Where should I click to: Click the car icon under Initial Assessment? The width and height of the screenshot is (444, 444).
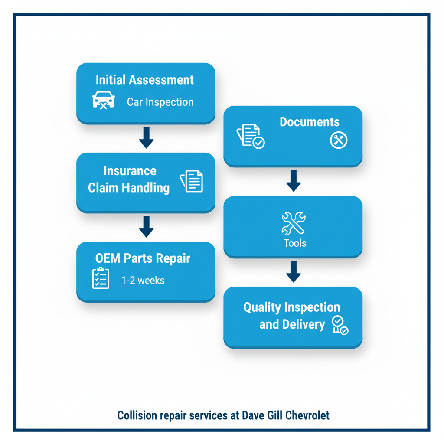[104, 100]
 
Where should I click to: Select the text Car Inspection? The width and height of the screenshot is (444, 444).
[160, 102]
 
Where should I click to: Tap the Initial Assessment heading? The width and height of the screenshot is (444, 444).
[144, 80]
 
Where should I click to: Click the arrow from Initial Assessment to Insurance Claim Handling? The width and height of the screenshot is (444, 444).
[146, 137]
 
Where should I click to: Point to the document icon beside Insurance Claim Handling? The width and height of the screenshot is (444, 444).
[192, 181]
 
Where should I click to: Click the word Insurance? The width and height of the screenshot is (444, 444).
[130, 170]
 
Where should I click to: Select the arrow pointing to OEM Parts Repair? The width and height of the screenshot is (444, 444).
[146, 226]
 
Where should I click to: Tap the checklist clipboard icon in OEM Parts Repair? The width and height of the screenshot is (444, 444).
[101, 278]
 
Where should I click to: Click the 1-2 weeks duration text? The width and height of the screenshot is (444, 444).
[143, 281]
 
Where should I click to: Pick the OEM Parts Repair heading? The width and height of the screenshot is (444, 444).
[143, 258]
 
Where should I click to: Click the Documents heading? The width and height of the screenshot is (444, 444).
[309, 122]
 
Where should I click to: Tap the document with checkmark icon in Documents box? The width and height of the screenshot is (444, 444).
[251, 137]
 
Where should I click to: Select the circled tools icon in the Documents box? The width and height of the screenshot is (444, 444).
[338, 140]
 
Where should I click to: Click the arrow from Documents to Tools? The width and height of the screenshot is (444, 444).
[294, 180]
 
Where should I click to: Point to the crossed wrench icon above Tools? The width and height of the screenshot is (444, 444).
[294, 223]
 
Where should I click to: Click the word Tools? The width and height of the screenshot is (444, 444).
[295, 243]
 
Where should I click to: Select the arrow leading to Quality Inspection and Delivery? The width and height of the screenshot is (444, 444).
[294, 271]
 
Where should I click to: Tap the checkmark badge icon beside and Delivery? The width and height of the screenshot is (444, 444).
[340, 326]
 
